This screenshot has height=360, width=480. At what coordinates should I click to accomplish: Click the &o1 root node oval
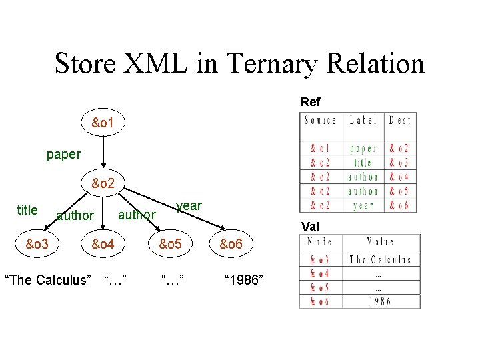tap(103, 123)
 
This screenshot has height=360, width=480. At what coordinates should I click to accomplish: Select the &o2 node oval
tap(103, 183)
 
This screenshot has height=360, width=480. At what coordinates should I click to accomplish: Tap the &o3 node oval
tap(37, 245)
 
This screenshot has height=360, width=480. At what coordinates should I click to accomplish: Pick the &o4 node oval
tap(103, 245)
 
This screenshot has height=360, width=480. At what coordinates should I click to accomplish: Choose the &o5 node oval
tap(169, 245)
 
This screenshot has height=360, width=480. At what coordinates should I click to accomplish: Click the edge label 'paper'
tap(63, 155)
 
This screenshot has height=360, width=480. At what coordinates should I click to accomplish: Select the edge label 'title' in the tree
tap(27, 210)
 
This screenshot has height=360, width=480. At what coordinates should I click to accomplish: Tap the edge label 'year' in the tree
tap(189, 205)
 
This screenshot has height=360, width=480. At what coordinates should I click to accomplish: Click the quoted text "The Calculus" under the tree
tap(47, 279)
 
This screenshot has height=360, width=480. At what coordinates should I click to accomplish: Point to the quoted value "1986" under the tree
tap(244, 279)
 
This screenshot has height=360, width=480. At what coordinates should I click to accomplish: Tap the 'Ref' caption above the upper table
tap(310, 102)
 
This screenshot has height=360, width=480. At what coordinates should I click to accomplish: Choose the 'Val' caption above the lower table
tap(310, 227)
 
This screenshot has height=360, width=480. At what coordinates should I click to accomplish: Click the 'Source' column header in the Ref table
tap(321, 121)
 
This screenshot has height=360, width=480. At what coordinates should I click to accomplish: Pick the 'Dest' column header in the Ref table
tap(400, 121)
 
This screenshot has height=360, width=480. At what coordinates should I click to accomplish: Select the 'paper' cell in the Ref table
tap(363, 149)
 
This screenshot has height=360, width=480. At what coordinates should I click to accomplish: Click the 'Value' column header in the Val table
tap(380, 243)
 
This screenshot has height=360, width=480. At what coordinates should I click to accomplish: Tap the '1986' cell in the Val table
tap(380, 301)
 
